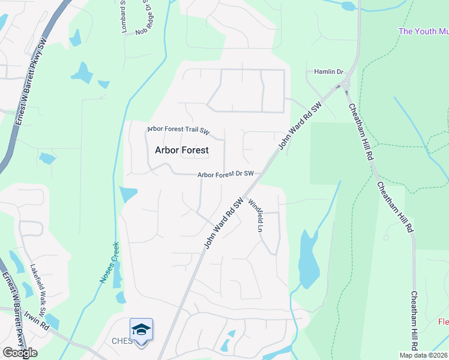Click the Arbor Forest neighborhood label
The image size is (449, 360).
point(181,150)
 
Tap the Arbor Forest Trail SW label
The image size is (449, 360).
point(179,130)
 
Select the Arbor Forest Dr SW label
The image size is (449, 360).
point(226,174)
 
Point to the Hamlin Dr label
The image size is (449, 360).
point(328,71)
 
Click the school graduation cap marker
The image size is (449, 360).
point(141,330)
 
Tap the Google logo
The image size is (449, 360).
point(20,353)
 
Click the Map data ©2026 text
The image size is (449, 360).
point(424,355)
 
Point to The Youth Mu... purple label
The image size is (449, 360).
point(423,31)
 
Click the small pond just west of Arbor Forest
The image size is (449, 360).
point(128,195)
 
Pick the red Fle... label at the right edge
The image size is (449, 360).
point(443,322)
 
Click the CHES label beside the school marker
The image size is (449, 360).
point(121,341)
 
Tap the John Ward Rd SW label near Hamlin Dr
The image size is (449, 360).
point(300,127)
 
